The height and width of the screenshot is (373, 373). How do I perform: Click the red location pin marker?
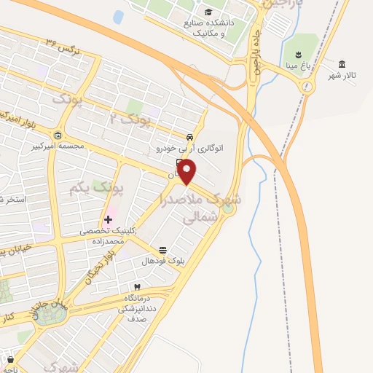coord(187,172)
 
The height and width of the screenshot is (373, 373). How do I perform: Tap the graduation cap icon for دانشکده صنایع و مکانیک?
coord(209,12)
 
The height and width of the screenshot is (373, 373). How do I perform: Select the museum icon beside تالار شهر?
coord(342,63)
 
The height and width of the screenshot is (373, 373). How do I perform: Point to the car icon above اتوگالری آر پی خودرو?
coord(189,137)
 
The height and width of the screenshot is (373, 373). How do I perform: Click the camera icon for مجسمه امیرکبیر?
coord(58,134)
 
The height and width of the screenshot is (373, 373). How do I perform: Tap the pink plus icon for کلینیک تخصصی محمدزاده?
coord(108,219)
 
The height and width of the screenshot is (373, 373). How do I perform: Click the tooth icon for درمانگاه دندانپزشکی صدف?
coord(136,287)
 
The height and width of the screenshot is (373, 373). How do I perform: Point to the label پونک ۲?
coord(133,117)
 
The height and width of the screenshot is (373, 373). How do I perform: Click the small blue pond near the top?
coord(118,17)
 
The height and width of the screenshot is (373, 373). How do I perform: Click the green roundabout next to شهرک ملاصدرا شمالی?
coord(228,210)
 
